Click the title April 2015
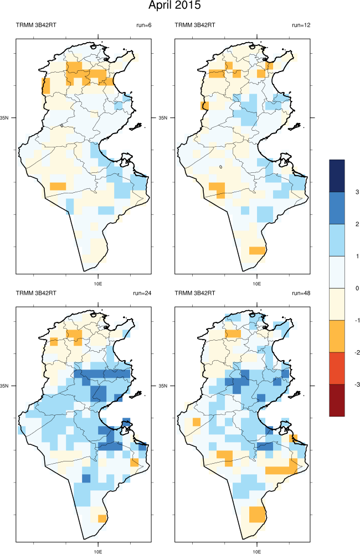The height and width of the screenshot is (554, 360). click(174, 7)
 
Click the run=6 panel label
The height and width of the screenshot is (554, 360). click(143, 25)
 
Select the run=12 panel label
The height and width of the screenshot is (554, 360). click(301, 25)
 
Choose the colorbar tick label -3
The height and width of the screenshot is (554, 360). click(357, 384)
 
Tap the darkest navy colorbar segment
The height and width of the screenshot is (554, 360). click(337, 176)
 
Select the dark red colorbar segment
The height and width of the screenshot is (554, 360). click(337, 399)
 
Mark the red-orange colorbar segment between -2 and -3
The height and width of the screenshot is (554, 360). click(337, 368)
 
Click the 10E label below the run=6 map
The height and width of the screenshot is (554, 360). click(98, 283)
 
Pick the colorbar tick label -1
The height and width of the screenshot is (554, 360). click(357, 320)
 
